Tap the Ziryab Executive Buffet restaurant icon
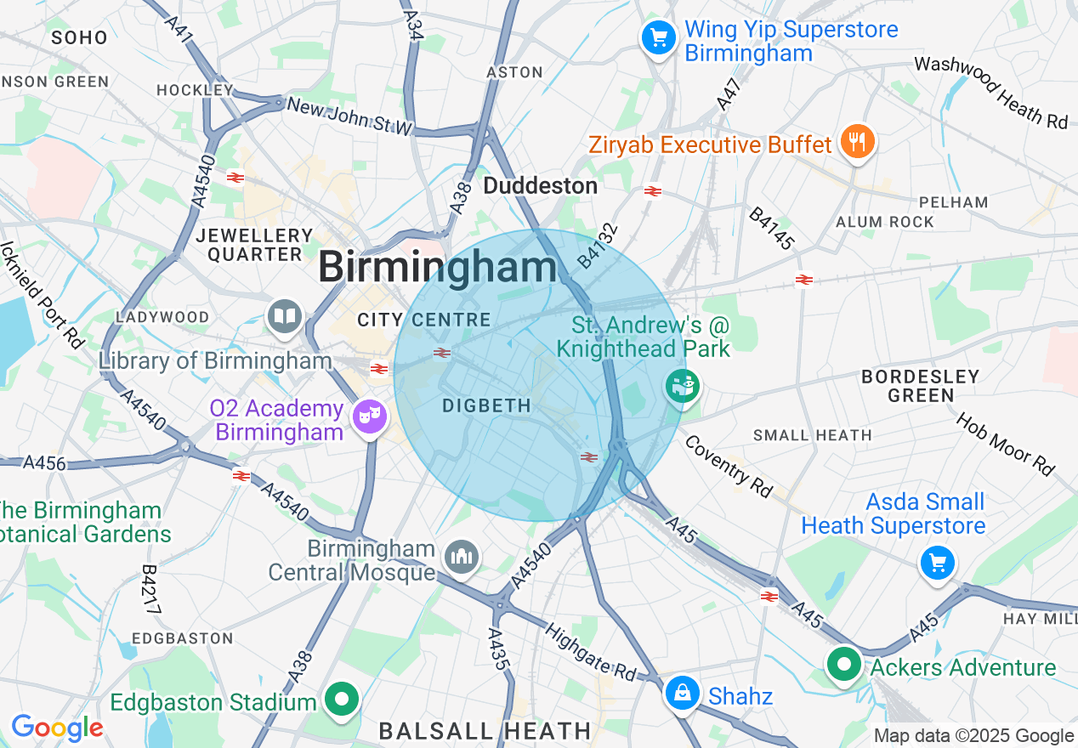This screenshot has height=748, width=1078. (857, 142)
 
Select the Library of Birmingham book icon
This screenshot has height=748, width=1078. (285, 317)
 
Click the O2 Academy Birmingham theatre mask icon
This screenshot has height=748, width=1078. (369, 416)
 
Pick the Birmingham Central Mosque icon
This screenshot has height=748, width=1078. (462, 558)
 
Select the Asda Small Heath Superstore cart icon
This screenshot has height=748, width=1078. (937, 563)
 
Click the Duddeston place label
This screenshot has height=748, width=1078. (541, 185)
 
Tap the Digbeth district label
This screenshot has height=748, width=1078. (486, 406)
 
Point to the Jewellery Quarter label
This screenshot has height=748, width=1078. (255, 245)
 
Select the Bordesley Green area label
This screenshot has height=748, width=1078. (921, 385)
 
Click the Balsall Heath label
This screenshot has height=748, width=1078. (485, 730)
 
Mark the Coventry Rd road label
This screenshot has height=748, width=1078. (729, 467)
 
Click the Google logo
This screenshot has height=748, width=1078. (57, 728)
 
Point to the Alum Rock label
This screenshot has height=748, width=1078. (885, 222)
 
